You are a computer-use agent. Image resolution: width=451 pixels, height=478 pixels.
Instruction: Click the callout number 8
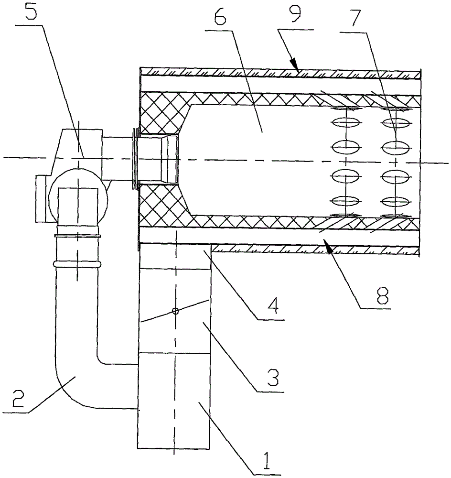(x=382, y=295)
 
